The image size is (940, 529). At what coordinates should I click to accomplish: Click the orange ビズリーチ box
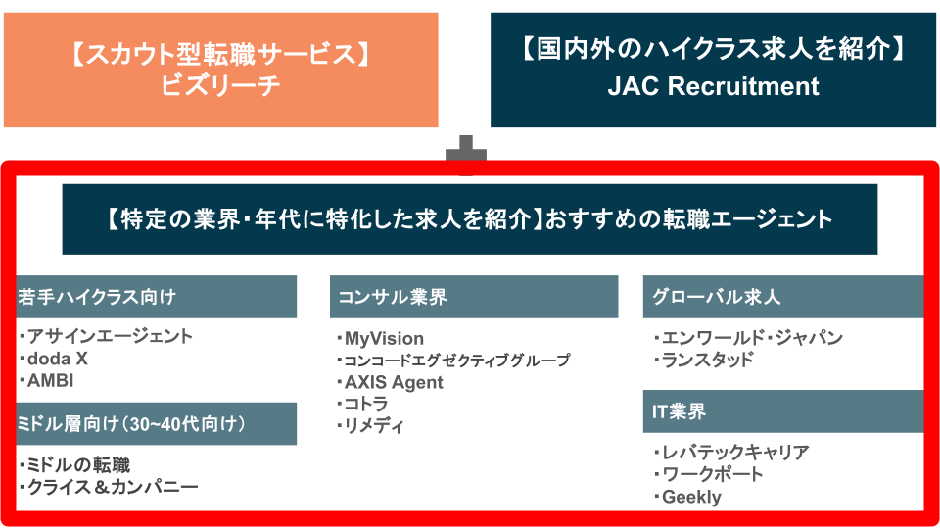coord(220,70)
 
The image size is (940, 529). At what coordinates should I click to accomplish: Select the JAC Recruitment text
coord(713,86)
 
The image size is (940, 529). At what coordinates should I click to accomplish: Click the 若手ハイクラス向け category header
coord(157,297)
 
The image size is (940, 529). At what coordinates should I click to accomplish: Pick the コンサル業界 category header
coord(474,297)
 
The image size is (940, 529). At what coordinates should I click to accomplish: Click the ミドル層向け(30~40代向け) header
coord(157,423)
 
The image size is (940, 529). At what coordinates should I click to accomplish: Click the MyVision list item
coord(383,339)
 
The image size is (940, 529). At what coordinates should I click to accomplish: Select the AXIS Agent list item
coord(393,382)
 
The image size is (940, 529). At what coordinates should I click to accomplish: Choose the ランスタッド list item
coord(708,360)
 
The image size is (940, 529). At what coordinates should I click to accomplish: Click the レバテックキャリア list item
coord(735,453)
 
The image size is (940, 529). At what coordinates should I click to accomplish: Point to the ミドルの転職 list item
coord(78,464)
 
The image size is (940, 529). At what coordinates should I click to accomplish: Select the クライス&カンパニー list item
coord(112,487)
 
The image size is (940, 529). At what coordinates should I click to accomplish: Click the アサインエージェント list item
coord(110,336)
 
